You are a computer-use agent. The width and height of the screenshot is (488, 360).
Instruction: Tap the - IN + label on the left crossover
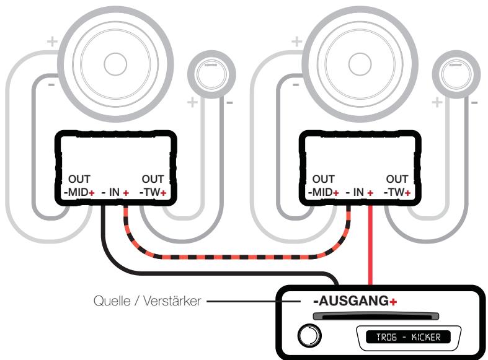pos(115,193)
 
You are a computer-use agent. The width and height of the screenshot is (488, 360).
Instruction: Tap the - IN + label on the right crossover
pos(359,193)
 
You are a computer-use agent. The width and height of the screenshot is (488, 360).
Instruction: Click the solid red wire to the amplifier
pos(371,248)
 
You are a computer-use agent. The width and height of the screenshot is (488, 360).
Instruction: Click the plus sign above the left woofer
pos(53,43)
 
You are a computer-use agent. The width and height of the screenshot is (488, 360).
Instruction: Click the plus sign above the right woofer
pos(296,43)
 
